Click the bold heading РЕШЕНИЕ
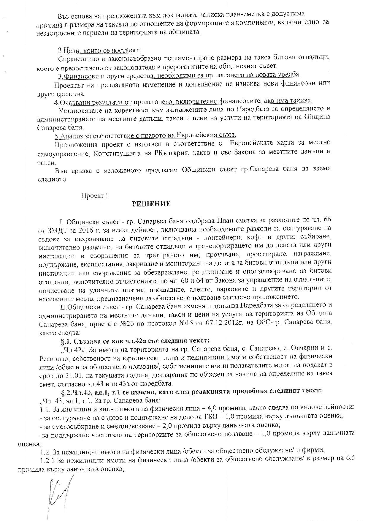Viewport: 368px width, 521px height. pyautogui.click(x=151, y=204)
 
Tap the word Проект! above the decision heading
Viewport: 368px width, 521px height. pyautogui.click(x=94, y=196)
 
